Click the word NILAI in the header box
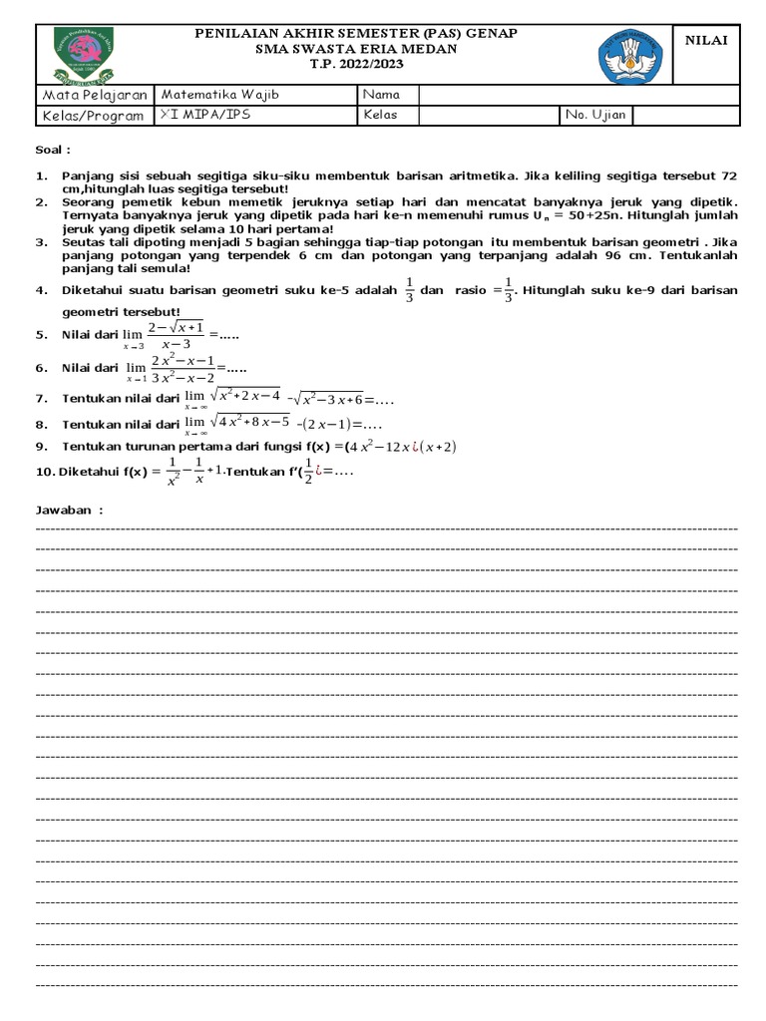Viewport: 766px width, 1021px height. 706,39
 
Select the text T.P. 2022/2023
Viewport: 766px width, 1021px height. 356,63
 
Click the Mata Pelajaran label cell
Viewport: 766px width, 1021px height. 94,95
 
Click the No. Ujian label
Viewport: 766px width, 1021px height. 595,116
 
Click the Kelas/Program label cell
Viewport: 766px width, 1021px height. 93,116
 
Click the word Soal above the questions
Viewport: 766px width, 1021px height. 53,150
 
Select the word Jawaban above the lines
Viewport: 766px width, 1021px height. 68,510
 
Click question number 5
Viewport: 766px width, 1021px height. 42,335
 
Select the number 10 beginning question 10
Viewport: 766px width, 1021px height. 44,471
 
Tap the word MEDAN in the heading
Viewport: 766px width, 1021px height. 431,48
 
